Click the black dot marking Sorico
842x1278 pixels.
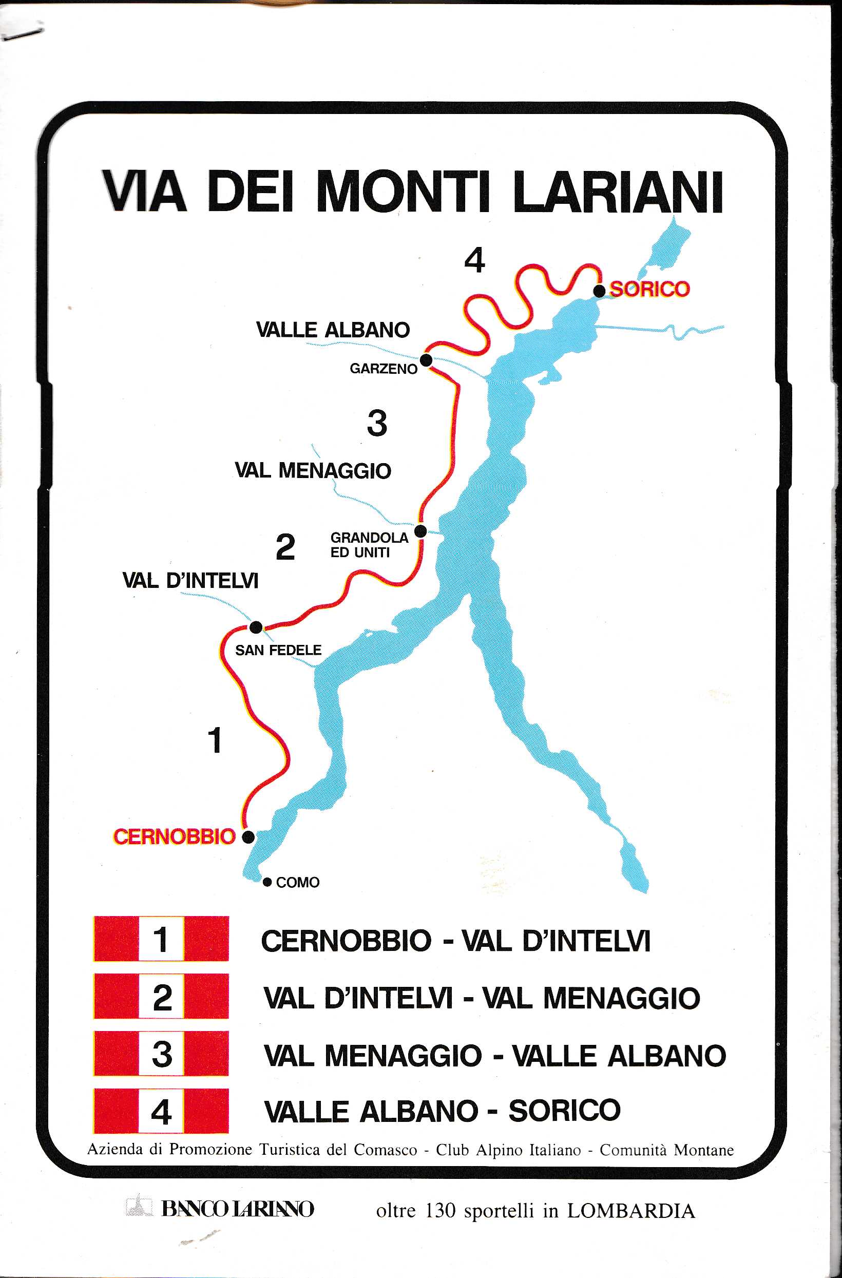pos(599,291)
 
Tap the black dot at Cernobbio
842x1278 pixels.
pos(248,836)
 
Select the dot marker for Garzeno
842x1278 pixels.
pos(426,360)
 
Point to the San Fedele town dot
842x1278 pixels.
pos(256,626)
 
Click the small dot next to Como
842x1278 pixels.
pos(267,882)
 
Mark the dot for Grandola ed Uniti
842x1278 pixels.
pos(421,531)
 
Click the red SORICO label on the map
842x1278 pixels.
pos(650,290)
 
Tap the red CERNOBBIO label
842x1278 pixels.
pos(174,836)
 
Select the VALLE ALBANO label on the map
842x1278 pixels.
pos(333,330)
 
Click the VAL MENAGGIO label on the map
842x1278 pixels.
pos(313,470)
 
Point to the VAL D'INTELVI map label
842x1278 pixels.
pos(190,581)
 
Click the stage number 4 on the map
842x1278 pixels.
pos(475,260)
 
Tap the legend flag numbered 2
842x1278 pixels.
pos(161,998)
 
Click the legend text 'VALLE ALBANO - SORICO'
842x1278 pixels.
pos(442,1111)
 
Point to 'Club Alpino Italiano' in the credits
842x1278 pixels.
pos(508,1150)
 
